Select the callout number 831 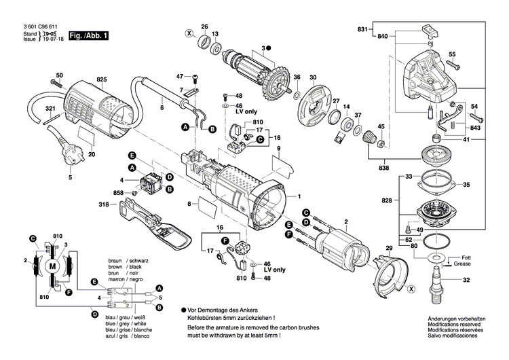364,29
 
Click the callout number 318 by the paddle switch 103,204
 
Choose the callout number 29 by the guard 389,247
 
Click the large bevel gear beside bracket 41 439,158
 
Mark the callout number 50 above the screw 59,75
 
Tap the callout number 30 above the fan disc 314,77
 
